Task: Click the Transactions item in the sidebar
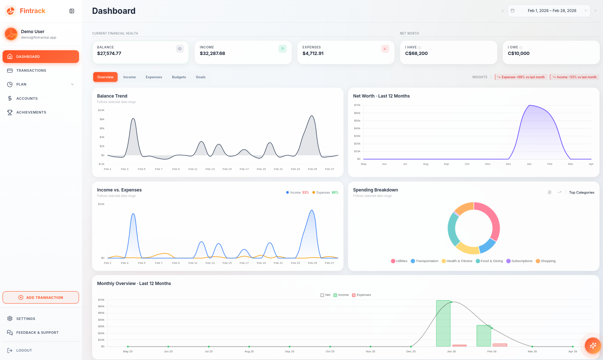point(31,71)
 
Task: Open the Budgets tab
point(179,77)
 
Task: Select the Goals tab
point(201,77)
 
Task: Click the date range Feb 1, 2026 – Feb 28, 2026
point(552,11)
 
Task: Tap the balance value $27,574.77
point(109,54)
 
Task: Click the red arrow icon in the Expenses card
point(385,49)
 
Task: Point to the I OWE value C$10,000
point(519,54)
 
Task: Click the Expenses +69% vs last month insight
point(521,77)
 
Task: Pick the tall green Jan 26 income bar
point(443,323)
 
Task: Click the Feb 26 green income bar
point(484,336)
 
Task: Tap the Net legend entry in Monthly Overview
point(325,295)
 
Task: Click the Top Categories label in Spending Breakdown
point(582,193)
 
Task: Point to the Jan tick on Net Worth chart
point(529,164)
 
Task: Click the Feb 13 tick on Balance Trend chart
point(210,169)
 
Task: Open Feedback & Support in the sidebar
point(37,333)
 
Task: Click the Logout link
point(24,351)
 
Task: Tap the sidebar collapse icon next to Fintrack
point(72,11)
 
